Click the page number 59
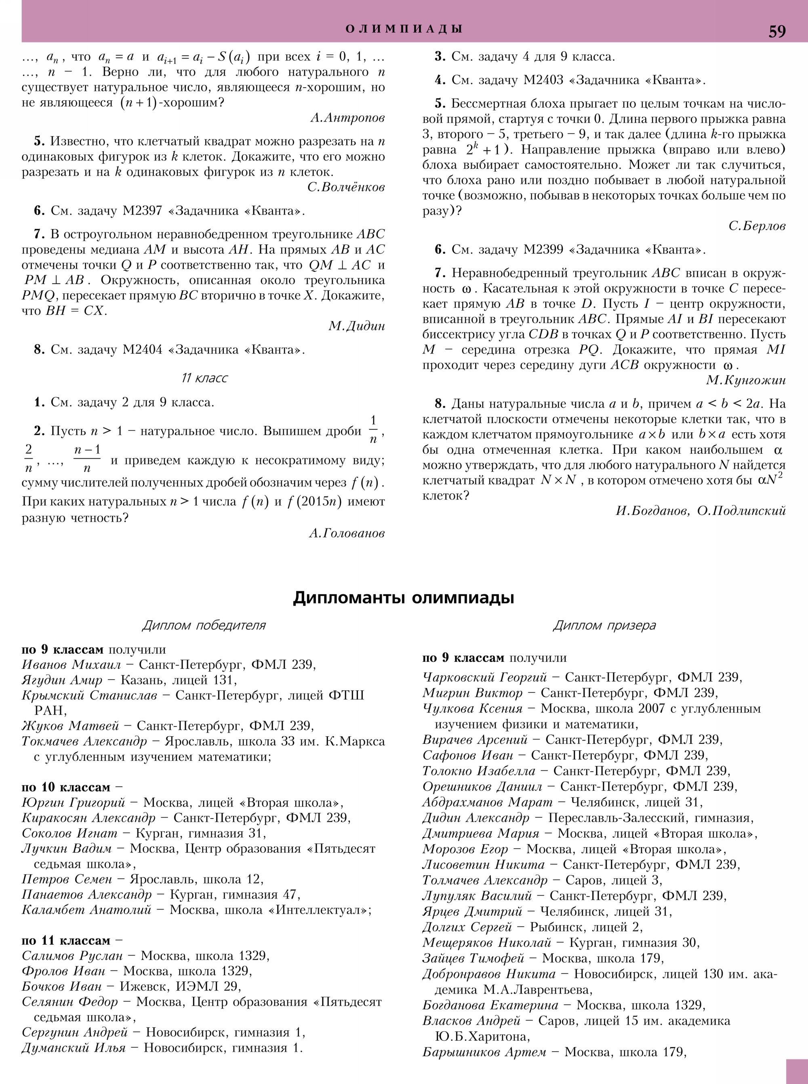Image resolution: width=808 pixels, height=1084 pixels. coord(777,31)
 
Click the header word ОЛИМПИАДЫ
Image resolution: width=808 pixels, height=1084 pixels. coord(404,29)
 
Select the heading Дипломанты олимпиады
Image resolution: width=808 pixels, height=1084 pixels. coord(404,598)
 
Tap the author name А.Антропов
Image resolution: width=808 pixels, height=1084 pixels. coord(347,118)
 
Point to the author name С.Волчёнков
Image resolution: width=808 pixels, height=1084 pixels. coord(346,187)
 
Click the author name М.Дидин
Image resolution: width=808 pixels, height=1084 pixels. coord(357,326)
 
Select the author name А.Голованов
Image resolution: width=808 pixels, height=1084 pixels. coord(346,534)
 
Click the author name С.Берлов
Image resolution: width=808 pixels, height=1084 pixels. coord(757,225)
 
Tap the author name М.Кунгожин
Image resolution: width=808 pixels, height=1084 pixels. coord(746,380)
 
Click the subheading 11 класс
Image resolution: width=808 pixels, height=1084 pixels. coord(204,378)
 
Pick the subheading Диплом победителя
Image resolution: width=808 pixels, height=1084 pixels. coord(204,625)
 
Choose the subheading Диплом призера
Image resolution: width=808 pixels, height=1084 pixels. coord(604,625)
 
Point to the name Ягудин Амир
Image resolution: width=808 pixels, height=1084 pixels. coord(62,680)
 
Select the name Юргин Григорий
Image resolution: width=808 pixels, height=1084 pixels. coord(74,803)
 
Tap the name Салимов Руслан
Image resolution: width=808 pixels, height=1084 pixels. coord(72,956)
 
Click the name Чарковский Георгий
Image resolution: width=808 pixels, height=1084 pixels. coord(484,677)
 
